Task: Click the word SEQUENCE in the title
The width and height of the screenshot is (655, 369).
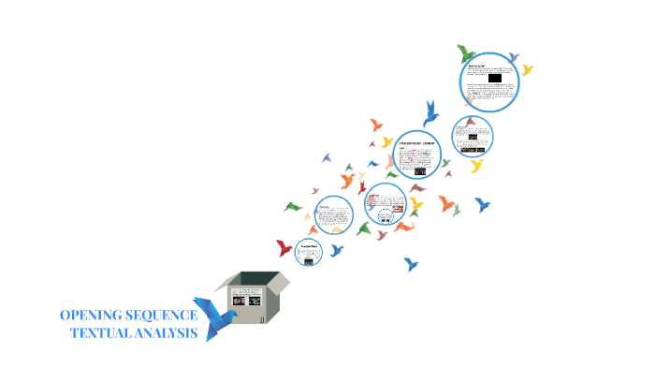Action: pyautogui.click(x=163, y=316)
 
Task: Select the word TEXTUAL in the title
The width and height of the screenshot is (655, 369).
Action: pyautogui.click(x=102, y=333)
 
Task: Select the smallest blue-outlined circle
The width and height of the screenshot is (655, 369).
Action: pyautogui.click(x=308, y=250)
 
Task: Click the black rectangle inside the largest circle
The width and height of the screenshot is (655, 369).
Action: pyautogui.click(x=494, y=79)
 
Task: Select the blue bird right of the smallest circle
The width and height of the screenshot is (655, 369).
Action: pyautogui.click(x=337, y=250)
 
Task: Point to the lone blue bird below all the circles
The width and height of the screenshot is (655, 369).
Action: pyautogui.click(x=410, y=264)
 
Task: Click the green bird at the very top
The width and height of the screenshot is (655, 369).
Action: pyautogui.click(x=466, y=52)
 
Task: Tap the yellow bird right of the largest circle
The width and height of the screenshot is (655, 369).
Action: pyautogui.click(x=528, y=69)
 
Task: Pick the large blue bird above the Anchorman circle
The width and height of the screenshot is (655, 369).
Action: pyautogui.click(x=430, y=113)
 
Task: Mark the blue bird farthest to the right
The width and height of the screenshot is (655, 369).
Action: pyautogui.click(x=483, y=204)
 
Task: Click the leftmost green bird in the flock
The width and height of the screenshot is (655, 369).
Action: pyautogui.click(x=293, y=206)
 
